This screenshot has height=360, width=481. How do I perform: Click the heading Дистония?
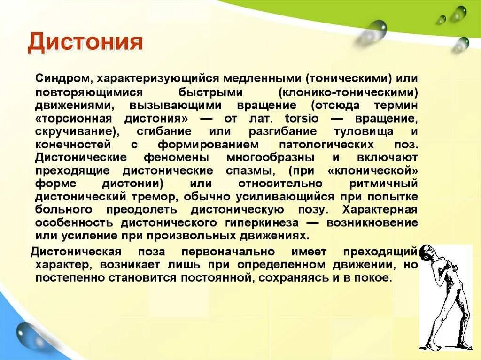pos(85,43)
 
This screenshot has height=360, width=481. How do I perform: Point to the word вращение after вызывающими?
pos(263,104)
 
